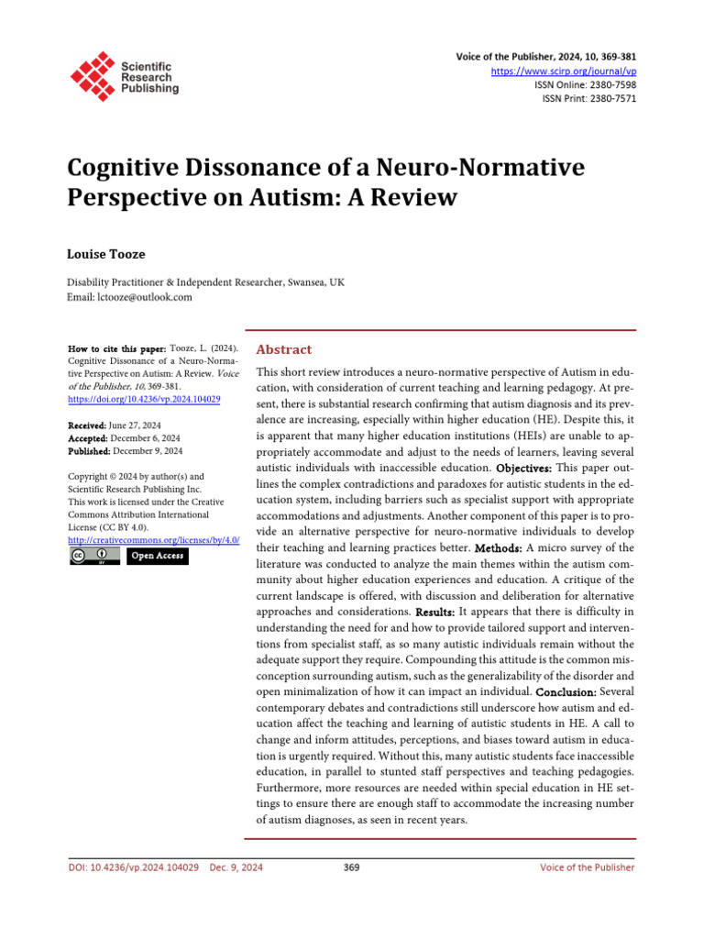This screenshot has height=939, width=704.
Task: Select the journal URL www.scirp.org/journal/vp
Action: click(577, 71)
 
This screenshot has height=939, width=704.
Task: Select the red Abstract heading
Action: click(283, 349)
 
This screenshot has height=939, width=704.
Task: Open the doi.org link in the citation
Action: click(144, 401)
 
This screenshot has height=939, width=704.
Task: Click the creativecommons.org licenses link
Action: click(147, 541)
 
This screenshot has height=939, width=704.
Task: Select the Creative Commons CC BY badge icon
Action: click(94, 556)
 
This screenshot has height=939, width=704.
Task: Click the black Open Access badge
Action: click(157, 556)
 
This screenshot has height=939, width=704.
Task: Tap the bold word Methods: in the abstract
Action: click(498, 547)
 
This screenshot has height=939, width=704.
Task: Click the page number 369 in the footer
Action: click(351, 867)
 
